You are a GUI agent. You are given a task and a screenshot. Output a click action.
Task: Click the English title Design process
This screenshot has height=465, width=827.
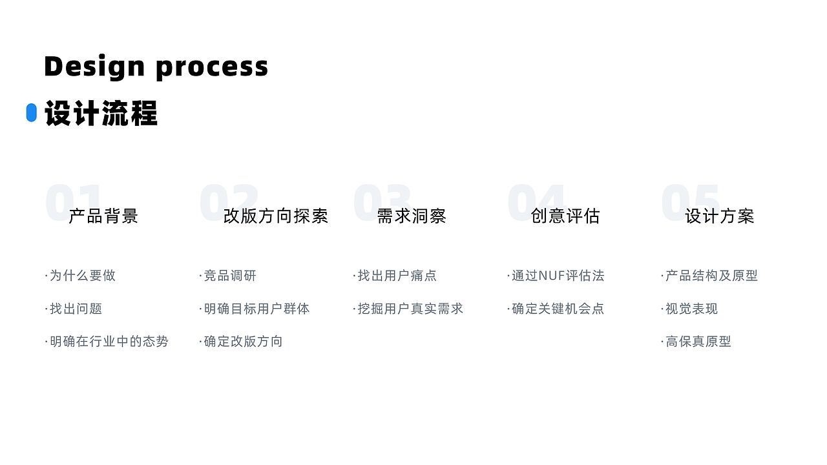coord(156,67)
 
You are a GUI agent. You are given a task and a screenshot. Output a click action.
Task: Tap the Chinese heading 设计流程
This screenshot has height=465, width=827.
coord(101,114)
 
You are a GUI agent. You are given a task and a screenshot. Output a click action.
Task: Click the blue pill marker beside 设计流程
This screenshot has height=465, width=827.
coord(31,112)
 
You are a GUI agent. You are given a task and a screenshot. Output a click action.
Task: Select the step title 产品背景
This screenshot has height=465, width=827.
coord(103,216)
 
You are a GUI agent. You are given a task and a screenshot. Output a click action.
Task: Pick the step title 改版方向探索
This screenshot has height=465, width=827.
coord(276,216)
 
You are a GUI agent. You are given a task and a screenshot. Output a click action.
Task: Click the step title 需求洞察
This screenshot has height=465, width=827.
coord(412,216)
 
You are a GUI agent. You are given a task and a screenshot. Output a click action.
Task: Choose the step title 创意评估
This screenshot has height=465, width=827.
coord(565,216)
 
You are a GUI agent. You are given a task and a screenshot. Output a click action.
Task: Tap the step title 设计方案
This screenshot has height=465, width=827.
coord(720,216)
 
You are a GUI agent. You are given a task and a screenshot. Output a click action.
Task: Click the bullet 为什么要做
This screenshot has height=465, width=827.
coord(83,276)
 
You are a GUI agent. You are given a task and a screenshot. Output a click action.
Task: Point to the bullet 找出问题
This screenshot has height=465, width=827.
coord(76,309)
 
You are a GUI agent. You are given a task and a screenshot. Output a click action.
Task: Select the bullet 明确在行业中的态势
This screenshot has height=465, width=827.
coord(109,342)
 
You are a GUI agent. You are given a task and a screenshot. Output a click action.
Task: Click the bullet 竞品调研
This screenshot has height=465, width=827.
coord(230,276)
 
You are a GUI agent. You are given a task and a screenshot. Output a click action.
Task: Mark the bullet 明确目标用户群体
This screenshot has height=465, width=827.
coord(256,309)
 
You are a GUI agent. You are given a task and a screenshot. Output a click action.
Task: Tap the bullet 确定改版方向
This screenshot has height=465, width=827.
coord(243,342)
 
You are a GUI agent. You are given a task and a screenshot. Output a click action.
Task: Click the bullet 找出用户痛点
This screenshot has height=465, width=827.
coord(397,276)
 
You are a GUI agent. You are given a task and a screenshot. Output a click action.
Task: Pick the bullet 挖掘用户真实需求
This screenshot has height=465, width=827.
coord(410,309)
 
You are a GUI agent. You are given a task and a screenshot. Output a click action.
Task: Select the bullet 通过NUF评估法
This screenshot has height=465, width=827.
coord(558,276)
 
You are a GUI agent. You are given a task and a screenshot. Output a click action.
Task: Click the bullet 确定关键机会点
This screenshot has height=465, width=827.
coord(558,309)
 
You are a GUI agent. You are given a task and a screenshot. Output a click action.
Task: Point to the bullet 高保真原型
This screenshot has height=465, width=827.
coord(698,342)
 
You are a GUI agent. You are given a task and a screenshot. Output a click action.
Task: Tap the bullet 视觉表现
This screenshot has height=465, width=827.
coord(691,309)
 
